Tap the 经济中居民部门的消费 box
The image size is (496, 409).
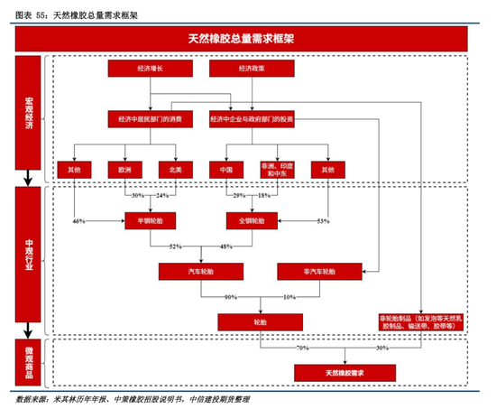coord(151,117)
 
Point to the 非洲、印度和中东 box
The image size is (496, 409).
coord(277,169)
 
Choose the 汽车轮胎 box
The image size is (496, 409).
coord(201,270)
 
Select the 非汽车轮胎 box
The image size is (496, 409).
coord(320,270)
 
